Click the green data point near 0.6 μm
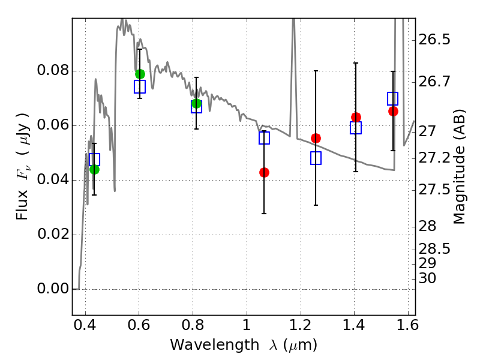[140, 74]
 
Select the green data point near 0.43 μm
[94, 169]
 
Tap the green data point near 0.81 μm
[196, 103]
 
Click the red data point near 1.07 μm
[264, 172]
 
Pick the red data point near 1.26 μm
[316, 138]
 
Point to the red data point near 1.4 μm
[356, 117]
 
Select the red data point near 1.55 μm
[393, 111]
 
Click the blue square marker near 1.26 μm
[316, 158]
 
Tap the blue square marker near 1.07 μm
[264, 138]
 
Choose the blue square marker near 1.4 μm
[356, 128]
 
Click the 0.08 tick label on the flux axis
[52, 71]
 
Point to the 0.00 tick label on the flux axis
[52, 289]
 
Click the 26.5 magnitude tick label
[435, 40]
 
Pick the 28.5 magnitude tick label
[435, 248]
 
